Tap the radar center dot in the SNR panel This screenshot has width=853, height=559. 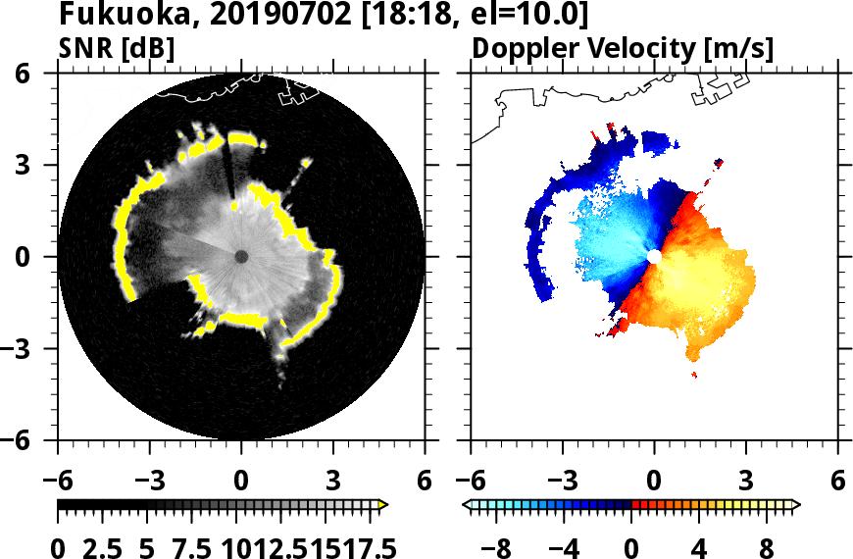[241, 257]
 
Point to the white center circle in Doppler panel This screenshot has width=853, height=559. [653, 256]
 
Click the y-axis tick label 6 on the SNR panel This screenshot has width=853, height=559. [44, 74]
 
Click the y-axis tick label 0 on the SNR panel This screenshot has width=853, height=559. [44, 257]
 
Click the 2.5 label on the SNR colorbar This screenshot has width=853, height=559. [104, 546]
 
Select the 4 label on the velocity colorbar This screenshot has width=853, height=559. [699, 546]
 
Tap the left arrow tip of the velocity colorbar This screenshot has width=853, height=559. [467, 505]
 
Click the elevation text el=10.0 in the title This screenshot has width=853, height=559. [533, 16]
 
